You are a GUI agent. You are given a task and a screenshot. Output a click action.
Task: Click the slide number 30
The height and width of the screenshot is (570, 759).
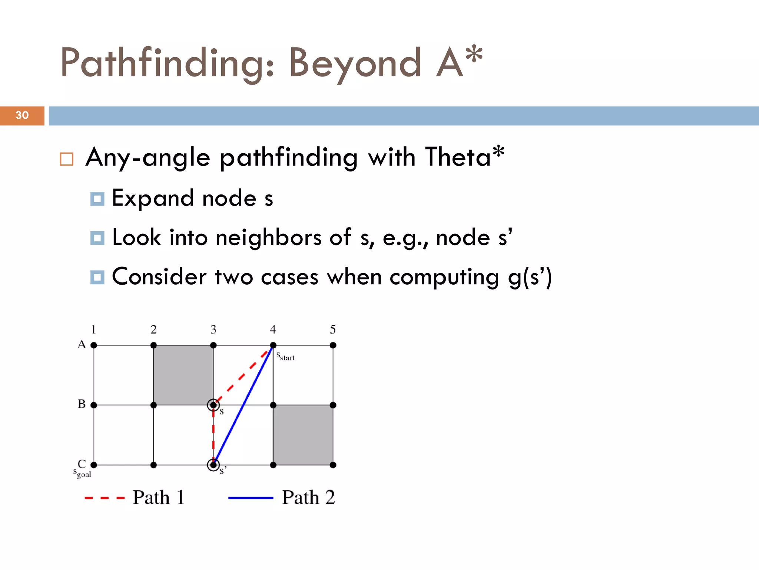(22, 115)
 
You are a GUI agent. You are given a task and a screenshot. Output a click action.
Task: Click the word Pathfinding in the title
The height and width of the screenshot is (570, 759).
(167, 63)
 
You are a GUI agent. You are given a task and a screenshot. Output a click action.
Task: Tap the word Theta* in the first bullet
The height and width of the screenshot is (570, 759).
(464, 157)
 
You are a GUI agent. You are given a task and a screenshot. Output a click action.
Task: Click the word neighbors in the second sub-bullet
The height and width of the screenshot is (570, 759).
(268, 237)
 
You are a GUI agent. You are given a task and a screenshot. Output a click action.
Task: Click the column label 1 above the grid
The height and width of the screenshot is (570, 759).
(93, 330)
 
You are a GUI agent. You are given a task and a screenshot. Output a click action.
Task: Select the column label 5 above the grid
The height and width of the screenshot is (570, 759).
(333, 330)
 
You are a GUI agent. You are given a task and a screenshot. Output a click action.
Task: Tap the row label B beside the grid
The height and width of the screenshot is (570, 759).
(82, 404)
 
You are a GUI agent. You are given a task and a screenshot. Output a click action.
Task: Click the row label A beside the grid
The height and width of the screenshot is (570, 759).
(82, 345)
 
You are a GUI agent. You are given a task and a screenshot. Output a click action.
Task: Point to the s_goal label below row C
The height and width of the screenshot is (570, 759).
(82, 473)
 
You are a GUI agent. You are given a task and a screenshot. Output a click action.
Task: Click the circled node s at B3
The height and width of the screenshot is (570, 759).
(213, 405)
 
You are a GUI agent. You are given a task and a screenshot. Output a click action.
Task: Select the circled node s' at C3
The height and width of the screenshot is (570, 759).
(213, 465)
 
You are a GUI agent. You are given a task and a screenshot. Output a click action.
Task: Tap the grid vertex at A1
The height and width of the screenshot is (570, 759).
(94, 345)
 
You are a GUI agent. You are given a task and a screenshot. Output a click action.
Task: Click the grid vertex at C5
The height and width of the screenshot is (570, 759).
(333, 465)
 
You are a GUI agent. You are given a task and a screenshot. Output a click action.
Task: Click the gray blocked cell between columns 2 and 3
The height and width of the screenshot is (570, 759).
(183, 375)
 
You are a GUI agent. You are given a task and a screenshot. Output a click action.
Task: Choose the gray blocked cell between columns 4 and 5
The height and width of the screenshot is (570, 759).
(303, 435)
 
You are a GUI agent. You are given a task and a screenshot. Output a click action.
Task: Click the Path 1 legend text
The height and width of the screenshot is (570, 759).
(159, 498)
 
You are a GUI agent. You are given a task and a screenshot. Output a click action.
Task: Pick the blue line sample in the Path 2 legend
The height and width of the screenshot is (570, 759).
(251, 498)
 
